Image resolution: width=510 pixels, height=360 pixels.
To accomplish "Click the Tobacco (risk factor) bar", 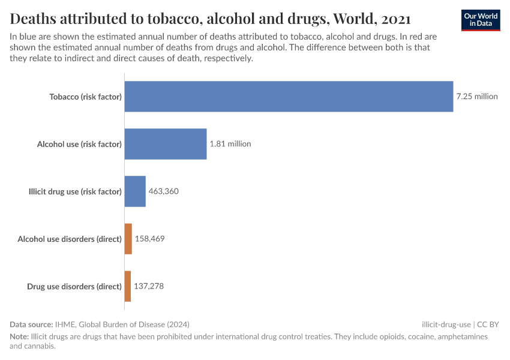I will [x=289, y=96].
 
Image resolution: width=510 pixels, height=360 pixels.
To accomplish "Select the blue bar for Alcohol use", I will [x=166, y=144].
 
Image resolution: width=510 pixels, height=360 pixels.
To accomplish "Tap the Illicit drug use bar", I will [x=135, y=191].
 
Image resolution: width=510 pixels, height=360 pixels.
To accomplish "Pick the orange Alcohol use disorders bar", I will [x=128, y=239].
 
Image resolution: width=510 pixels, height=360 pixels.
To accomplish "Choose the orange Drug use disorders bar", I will [x=127, y=286].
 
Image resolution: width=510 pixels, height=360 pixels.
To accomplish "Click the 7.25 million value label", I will [x=477, y=96].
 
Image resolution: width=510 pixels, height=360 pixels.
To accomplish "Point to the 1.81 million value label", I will [x=230, y=144].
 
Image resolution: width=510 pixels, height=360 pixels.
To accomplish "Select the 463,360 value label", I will [x=164, y=191].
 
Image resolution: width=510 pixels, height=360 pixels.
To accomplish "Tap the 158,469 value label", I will [x=149, y=239].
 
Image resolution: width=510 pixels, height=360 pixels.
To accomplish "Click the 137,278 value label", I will [x=149, y=286].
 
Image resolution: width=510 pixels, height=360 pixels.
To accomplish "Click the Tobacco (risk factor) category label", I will [x=85, y=96].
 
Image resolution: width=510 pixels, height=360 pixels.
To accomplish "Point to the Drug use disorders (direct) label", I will [x=74, y=286].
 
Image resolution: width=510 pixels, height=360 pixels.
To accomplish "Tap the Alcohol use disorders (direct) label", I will [x=70, y=239].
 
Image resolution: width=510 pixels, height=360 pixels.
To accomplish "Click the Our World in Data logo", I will [x=481, y=19].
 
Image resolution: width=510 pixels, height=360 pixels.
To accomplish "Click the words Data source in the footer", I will [x=31, y=324].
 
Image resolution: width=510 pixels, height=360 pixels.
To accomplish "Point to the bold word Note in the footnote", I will [x=19, y=337].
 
